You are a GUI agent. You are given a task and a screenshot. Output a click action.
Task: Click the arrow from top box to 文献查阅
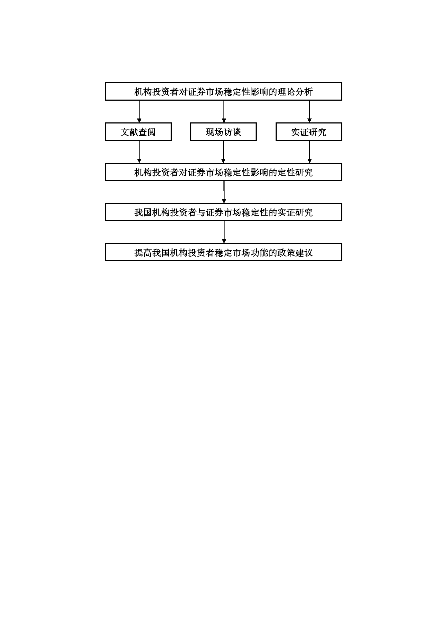[x=139, y=111]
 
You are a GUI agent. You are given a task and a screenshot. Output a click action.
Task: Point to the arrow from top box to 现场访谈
[x=224, y=111]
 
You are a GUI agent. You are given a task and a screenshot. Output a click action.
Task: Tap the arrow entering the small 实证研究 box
[x=309, y=111]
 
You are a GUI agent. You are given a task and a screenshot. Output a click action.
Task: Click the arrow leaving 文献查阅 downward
[x=139, y=152]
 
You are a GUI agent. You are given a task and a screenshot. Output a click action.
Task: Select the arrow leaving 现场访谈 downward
[x=223, y=152]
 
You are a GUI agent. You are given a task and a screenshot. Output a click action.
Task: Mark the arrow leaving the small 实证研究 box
[x=309, y=152]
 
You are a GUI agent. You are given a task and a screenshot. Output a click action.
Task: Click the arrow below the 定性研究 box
[x=224, y=192]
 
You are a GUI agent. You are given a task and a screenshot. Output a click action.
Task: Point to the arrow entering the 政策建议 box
[x=224, y=232]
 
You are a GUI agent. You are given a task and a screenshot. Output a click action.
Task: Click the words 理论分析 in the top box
[x=295, y=92]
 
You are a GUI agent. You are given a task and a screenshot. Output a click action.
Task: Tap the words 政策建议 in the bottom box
[x=295, y=253]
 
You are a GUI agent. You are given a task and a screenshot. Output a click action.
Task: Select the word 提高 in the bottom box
[x=143, y=253]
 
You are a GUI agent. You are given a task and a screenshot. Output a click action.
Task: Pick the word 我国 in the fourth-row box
[x=143, y=212]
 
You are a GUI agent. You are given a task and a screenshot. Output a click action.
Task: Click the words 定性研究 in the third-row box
[x=295, y=172]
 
